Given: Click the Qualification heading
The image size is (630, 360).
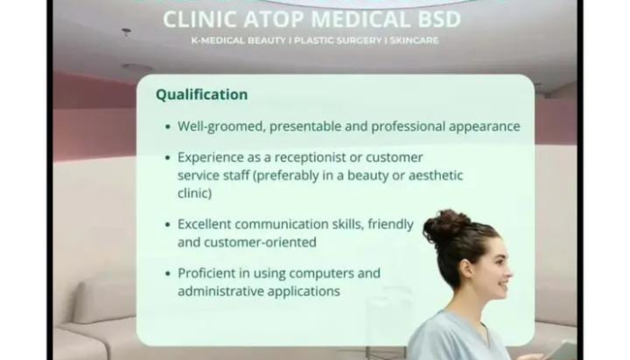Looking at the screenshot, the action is point(202,94).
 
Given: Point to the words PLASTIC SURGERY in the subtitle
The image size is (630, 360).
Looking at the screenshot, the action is point(337,40).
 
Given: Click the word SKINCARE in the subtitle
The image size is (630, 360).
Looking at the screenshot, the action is point(414,40).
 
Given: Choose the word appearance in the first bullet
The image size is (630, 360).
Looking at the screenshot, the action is point(484,127).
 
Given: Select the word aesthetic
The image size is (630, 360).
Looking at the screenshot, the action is point(436,175).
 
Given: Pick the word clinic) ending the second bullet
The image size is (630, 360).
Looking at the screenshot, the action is point(194,193).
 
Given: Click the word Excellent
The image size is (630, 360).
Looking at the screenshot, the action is point(204,224).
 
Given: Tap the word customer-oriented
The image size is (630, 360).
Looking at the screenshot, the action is point(260,242).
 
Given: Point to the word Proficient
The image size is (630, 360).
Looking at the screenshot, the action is point(206,274).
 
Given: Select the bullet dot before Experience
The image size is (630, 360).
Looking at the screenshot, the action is point(168,157).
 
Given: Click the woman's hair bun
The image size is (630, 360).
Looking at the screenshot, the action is point(445,224).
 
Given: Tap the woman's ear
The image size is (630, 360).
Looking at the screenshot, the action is point(466,269).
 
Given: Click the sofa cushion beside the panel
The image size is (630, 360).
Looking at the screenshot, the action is point(101,301).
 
